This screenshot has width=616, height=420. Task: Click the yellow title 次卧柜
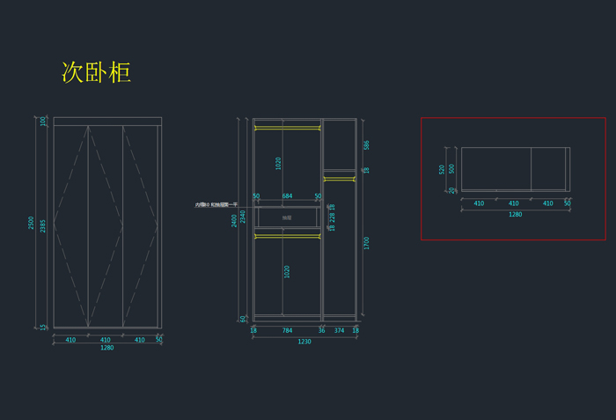[96, 72]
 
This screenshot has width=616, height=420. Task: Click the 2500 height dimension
[32, 224]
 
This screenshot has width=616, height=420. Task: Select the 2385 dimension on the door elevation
[43, 226]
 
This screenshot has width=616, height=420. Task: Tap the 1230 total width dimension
[304, 342]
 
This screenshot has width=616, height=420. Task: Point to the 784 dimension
[287, 331]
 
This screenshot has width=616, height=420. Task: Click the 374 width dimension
[339, 331]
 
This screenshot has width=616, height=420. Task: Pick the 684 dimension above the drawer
[287, 196]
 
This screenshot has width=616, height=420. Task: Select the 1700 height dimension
[367, 242]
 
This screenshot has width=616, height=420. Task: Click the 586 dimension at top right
[367, 145]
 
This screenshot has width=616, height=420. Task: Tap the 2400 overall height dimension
[234, 220]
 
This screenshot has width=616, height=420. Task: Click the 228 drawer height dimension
[332, 217]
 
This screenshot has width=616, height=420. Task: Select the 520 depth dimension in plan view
[442, 169]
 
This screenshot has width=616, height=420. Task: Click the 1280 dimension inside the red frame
[515, 214]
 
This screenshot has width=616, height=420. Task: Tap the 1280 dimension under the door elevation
[106, 348]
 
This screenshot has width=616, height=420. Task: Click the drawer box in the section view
[287, 217]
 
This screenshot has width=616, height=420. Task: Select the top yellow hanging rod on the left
[287, 129]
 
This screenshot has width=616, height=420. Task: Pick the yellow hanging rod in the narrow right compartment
[339, 179]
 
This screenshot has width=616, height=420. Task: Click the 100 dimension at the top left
[42, 122]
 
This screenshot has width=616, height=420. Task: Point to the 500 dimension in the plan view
[451, 168]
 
